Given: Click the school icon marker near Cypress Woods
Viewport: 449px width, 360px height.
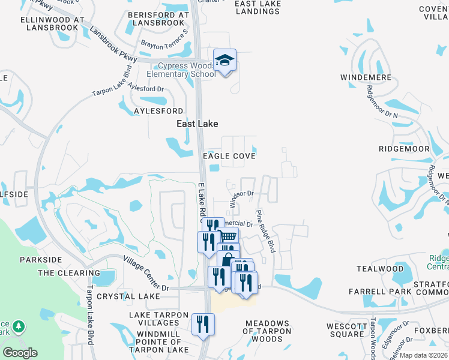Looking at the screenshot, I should tap(224, 60).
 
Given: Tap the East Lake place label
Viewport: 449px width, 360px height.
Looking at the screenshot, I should tap(197, 124).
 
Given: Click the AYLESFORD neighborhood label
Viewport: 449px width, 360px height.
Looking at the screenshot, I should tap(158, 112).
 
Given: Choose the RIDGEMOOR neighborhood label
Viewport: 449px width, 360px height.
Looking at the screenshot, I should tap(404, 149).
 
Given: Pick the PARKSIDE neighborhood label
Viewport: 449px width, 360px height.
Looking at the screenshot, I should tap(41, 259).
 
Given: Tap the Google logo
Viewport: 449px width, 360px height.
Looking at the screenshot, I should tap(20, 352).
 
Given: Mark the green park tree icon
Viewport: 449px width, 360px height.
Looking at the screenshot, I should tap(19, 326).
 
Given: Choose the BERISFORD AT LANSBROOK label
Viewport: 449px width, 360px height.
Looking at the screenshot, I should tap(158, 19).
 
